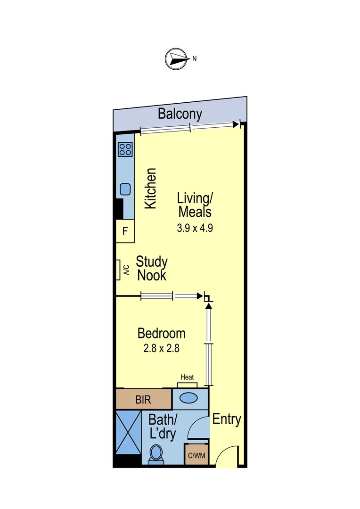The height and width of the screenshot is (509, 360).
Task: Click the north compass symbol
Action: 177,59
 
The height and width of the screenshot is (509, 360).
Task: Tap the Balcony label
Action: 180,114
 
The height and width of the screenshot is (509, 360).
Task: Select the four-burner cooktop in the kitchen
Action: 125,150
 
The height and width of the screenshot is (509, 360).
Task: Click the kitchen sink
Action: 125,189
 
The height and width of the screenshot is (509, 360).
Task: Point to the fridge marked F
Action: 125,231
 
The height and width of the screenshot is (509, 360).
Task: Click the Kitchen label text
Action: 150,188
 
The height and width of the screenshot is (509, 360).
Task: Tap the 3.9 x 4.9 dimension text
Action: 195,228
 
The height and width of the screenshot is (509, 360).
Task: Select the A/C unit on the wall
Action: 118,270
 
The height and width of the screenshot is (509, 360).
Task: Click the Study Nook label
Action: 152,268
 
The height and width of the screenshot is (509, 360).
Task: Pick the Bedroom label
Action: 161,333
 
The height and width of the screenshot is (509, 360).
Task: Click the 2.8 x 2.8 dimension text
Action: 161,348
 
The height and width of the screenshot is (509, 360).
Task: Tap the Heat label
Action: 188,377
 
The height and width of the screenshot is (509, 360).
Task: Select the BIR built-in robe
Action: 143,399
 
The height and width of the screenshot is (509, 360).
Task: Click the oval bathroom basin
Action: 188,398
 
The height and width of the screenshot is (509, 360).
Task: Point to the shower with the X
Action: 129,432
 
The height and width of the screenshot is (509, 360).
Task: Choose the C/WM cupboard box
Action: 196,455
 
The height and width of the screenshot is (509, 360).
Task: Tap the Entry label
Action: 227,419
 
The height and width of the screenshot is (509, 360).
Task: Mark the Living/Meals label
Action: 195,205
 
